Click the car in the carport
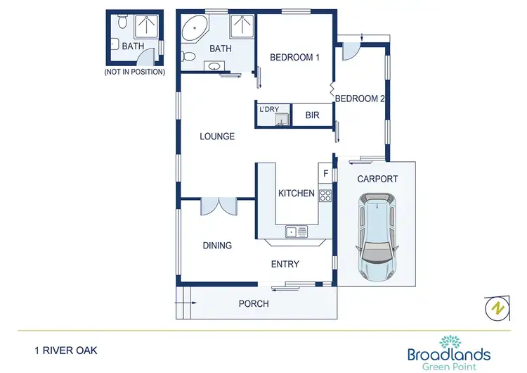[377, 236]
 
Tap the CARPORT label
[377, 179]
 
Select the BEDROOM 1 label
[294, 58]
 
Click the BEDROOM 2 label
[360, 99]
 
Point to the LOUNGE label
[216, 137]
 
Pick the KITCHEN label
[296, 194]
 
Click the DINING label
[217, 246]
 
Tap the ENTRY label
[285, 265]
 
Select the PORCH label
[254, 304]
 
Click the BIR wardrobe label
[312, 115]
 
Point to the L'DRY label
[269, 109]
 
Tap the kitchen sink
[295, 232]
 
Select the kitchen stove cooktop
[325, 195]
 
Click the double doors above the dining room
[219, 206]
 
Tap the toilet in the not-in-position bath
[122, 23]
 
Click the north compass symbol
[496, 308]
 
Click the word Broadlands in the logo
[449, 354]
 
